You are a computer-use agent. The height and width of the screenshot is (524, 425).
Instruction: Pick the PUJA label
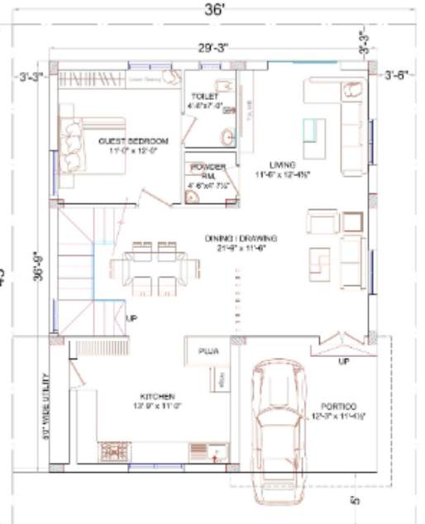[207, 351]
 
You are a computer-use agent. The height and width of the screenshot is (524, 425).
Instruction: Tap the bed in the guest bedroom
[91, 145]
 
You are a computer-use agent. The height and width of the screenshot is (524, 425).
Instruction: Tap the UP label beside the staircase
[131, 317]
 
